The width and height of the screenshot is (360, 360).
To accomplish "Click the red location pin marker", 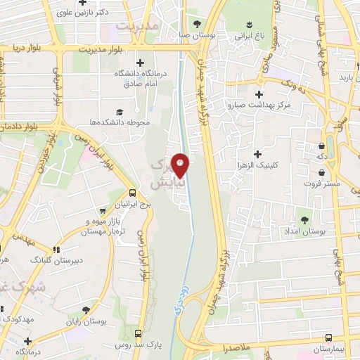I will [x=181, y=165].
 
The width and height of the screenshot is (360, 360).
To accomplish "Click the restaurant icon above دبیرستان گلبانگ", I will [x=56, y=249].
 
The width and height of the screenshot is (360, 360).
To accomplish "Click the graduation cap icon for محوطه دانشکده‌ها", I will [x=119, y=112].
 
